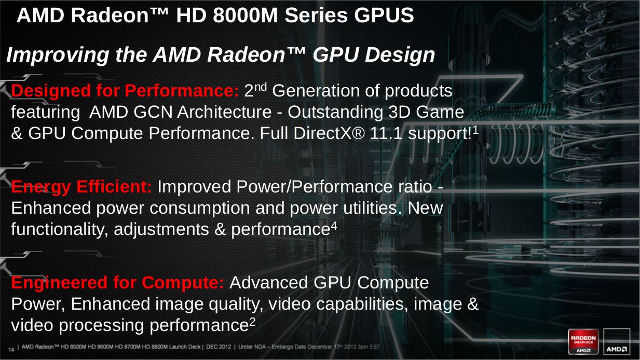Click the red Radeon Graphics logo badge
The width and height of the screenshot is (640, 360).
(x=583, y=342)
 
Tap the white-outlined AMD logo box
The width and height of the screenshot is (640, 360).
(x=617, y=342)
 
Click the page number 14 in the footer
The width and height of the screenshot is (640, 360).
(x=11, y=350)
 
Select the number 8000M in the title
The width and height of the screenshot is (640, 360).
(x=246, y=15)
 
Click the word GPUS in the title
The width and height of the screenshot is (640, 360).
(x=384, y=15)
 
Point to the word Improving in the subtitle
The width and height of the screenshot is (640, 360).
(x=58, y=55)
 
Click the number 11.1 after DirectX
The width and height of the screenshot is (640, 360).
(x=386, y=133)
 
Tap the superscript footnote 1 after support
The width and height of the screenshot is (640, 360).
(x=475, y=130)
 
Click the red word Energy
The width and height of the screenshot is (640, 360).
(x=41, y=187)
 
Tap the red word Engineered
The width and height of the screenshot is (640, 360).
(x=59, y=283)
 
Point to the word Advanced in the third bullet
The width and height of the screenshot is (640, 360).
(x=268, y=283)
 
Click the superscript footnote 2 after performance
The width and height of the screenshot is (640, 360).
(x=252, y=323)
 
